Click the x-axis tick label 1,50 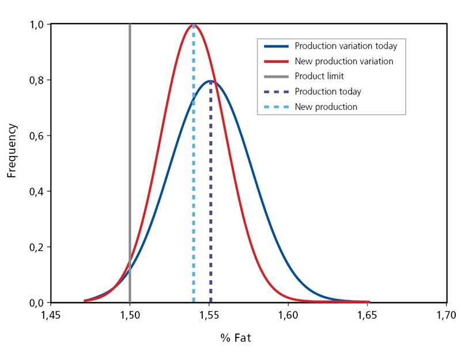pos(130,315)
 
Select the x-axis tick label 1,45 pos(51,315)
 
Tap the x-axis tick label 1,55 pos(209,315)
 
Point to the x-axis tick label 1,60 pos(288,315)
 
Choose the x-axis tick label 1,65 pos(367,315)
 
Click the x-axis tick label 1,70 pos(446,315)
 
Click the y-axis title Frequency pos(12,150)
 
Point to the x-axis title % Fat pos(236,338)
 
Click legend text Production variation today pos(346,46)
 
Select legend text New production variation pos(344,61)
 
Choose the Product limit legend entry pos(319,76)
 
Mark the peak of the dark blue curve pos(211,81)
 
